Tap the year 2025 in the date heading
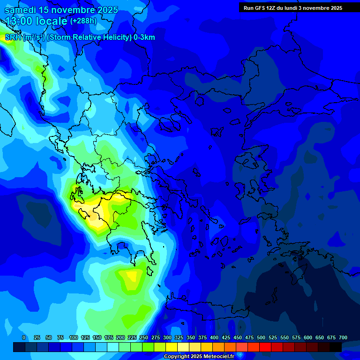105,10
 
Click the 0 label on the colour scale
24,337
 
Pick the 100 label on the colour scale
74,337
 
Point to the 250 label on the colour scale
144,337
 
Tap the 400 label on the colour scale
214,337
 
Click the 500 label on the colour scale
261,337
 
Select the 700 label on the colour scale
343,337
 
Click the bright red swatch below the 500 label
265,347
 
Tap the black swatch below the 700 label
336,347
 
